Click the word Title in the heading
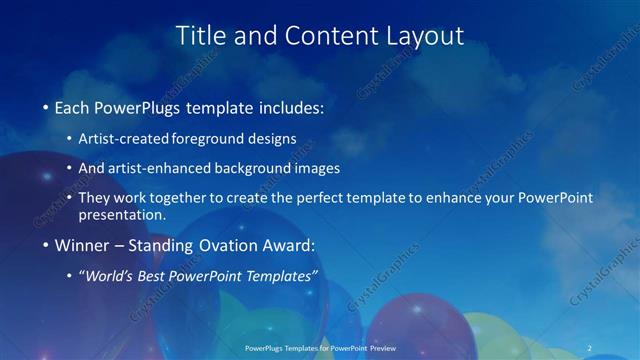[200, 35]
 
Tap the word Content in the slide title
[320, 35]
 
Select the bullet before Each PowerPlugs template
[46, 105]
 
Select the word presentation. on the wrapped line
[129, 214]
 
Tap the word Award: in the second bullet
[289, 244]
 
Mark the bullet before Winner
[46, 244]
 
